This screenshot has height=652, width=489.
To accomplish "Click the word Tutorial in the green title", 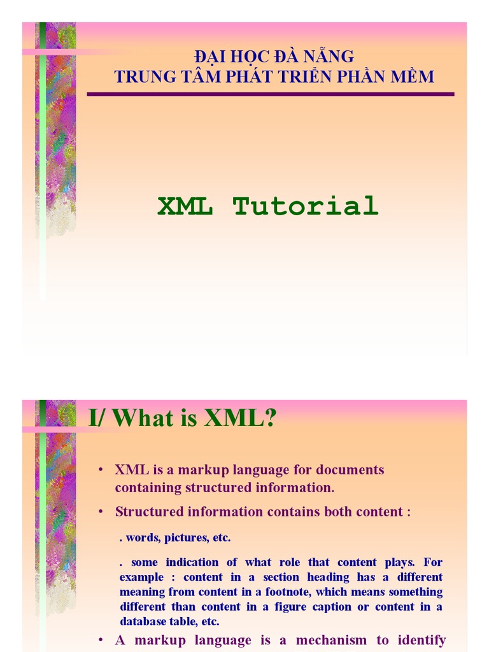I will click(306, 206).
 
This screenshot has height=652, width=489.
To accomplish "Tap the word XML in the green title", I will click(185, 206).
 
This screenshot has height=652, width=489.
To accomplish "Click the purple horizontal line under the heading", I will click(270, 94).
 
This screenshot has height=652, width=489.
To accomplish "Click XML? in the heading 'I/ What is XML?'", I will click(240, 418).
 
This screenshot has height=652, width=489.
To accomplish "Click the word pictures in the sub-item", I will click(187, 537).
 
